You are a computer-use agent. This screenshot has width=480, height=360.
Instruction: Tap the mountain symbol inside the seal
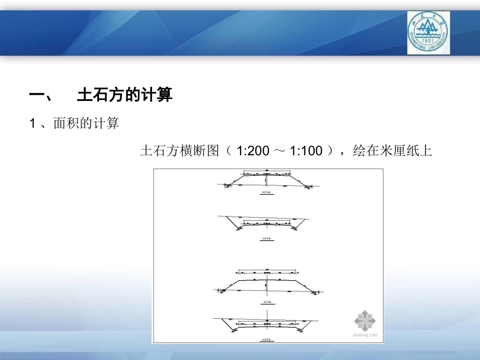(x=427, y=30)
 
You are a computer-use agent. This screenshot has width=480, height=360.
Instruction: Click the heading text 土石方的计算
(x=125, y=95)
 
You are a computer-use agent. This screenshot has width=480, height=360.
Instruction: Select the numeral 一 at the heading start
(x=39, y=95)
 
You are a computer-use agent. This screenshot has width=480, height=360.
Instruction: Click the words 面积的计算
(x=86, y=124)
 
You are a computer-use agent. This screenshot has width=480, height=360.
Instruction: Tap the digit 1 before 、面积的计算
(x=33, y=124)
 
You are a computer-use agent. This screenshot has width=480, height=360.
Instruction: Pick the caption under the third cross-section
(x=266, y=303)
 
